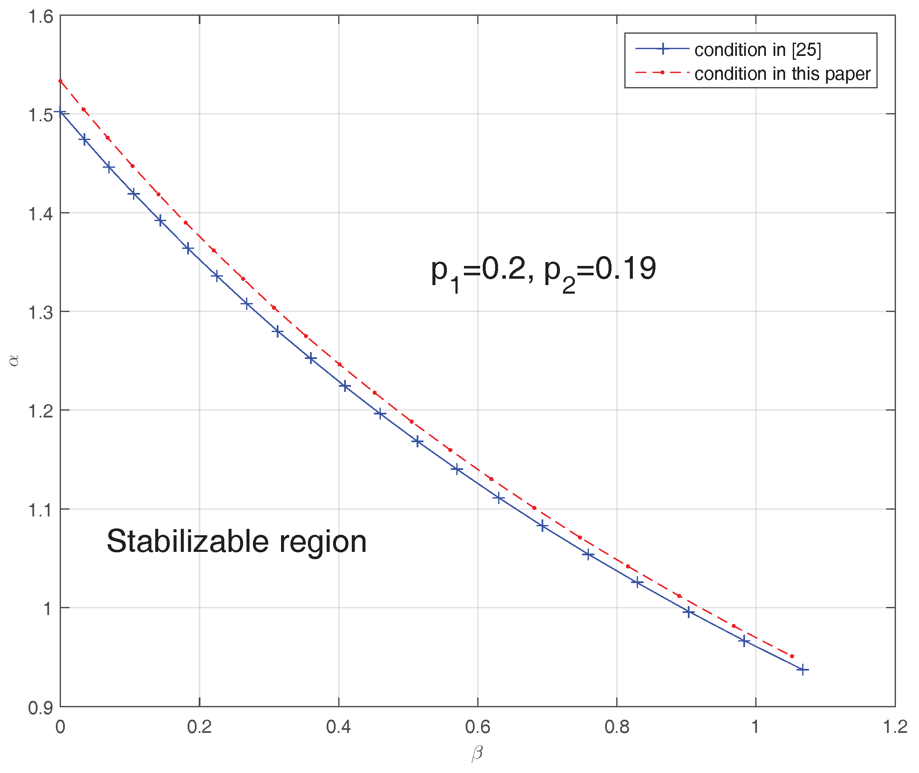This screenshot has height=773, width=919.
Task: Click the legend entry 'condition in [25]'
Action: (757, 50)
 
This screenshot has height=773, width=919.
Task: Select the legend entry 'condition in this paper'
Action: (783, 73)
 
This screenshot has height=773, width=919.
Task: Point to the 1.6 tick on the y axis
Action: (41, 16)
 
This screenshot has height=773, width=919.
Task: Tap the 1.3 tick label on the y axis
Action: (41, 312)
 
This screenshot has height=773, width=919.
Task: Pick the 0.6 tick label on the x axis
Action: (477, 727)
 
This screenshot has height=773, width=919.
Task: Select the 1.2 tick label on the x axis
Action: (895, 727)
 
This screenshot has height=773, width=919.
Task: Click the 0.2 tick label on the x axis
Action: (199, 727)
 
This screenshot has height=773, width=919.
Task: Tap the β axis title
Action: (477, 753)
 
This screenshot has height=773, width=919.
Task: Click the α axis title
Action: (14, 360)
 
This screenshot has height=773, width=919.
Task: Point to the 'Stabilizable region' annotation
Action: (236, 541)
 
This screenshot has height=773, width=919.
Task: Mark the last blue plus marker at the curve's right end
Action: (803, 670)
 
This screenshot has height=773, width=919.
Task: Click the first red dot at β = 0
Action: (61, 81)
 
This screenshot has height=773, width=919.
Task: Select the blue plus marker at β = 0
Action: (61, 113)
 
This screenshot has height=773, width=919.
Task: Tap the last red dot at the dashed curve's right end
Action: (791, 656)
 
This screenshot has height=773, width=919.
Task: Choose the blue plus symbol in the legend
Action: (663, 49)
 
